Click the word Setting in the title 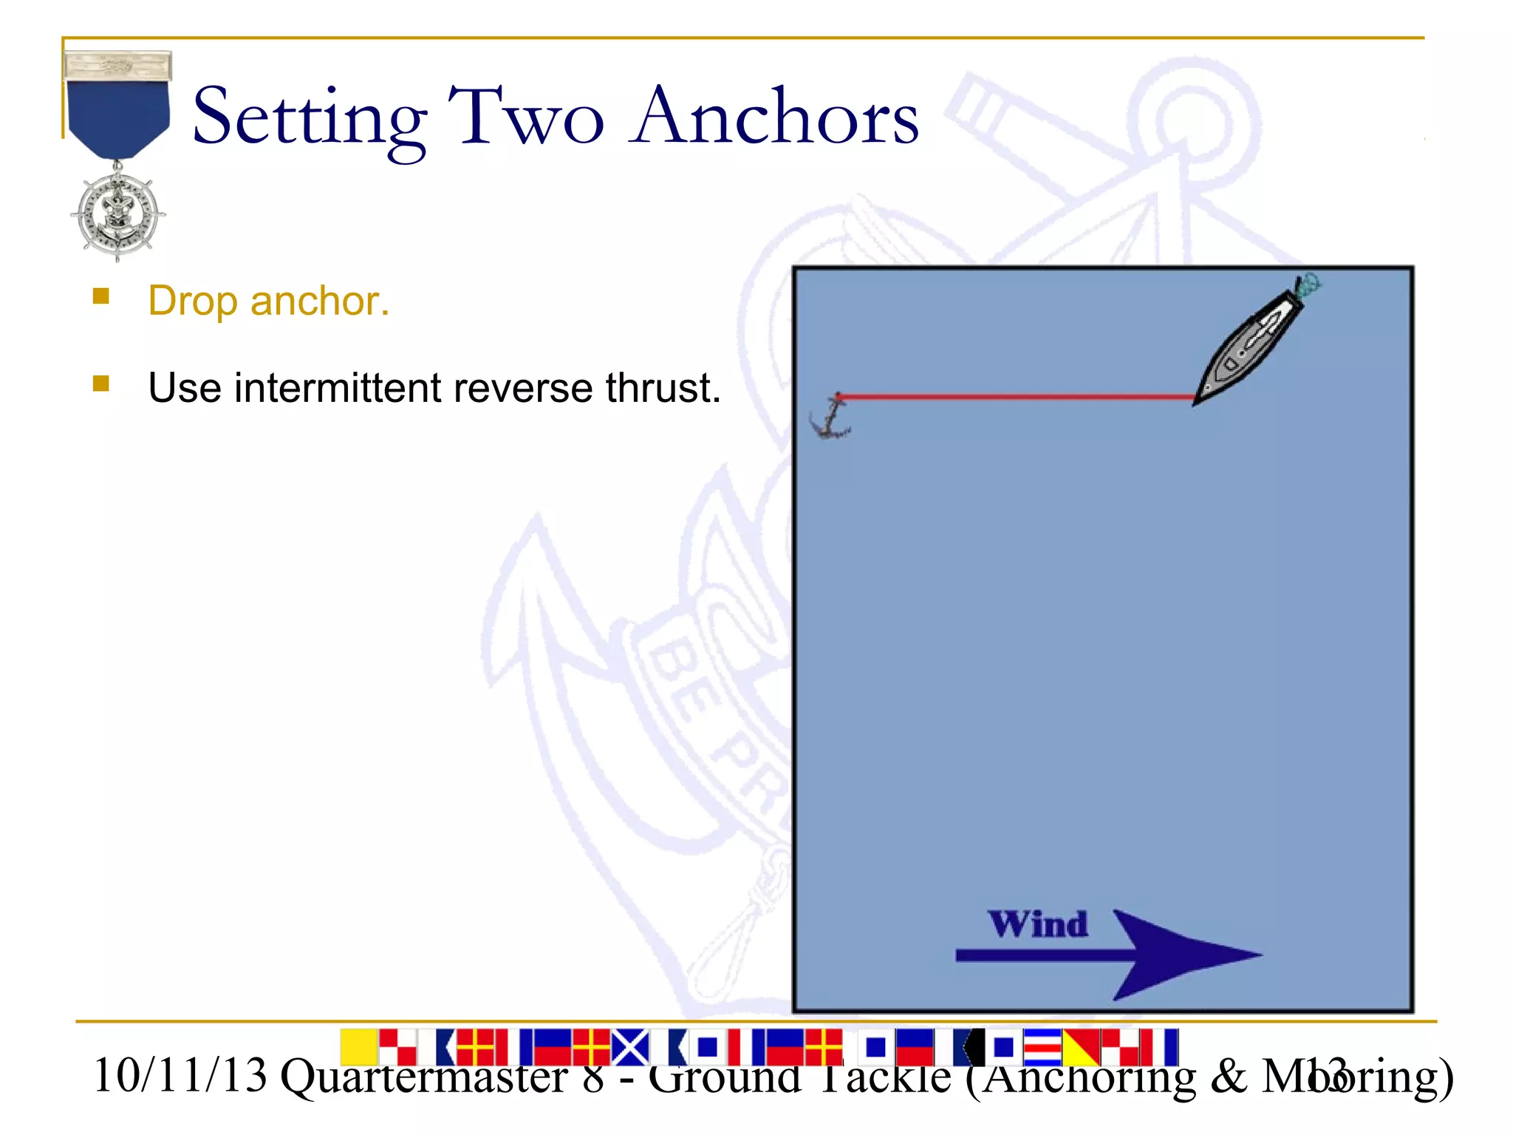tap(309, 118)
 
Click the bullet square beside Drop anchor tap(101, 297)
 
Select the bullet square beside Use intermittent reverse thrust tap(101, 384)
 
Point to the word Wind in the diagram tap(1038, 924)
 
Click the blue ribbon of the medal tap(118, 115)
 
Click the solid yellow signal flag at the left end tap(358, 1046)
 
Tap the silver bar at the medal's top tap(118, 66)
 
